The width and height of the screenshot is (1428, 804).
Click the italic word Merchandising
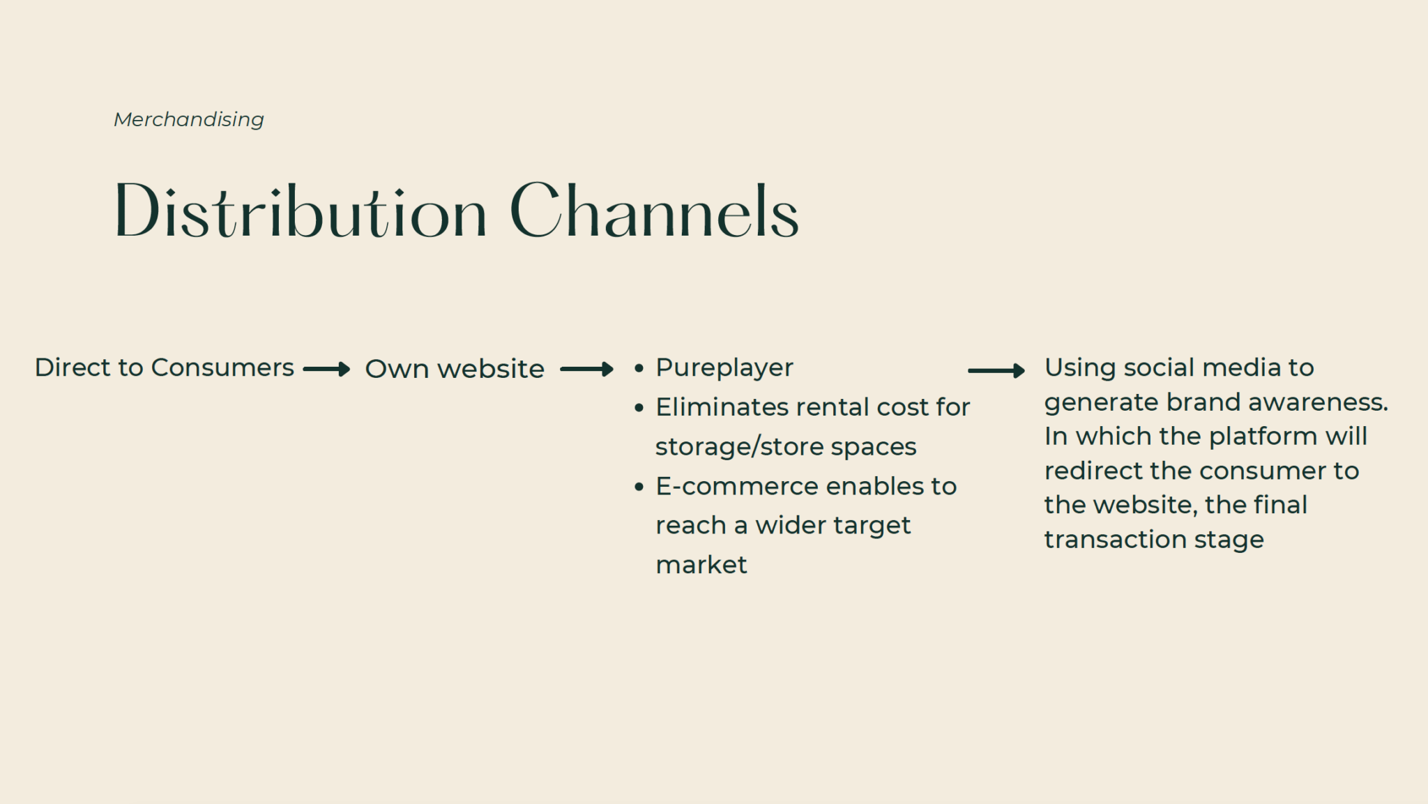[189, 120]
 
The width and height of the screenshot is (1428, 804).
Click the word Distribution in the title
[301, 211]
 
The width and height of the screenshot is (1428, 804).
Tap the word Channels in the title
[655, 211]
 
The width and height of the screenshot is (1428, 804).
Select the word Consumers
[222, 367]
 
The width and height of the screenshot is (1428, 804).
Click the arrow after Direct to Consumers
[326, 369]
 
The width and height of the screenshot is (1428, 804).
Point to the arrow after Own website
[586, 369]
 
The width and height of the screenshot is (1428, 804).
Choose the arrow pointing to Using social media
[996, 370]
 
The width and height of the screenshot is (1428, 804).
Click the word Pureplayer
[724, 368]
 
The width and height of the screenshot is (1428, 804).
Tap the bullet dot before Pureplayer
[639, 369]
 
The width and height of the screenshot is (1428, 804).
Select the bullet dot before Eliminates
[639, 409]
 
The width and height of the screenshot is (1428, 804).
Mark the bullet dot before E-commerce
[639, 487]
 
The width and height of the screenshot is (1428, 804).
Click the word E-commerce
[736, 486]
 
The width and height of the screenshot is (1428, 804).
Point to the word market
[701, 565]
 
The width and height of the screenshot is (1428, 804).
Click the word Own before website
[396, 369]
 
